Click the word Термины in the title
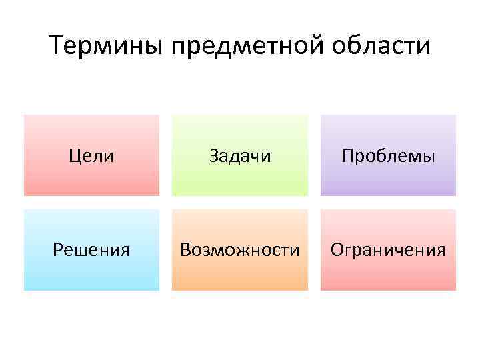click(107, 47)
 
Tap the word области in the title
click(385, 47)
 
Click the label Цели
click(92, 156)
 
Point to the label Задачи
click(240, 156)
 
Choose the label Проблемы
click(388, 156)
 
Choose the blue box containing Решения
click(92, 273)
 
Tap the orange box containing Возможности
click(240, 273)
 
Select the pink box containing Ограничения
click(388, 273)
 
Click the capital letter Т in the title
click(57, 47)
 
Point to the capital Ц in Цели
click(75, 157)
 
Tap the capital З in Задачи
click(214, 156)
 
